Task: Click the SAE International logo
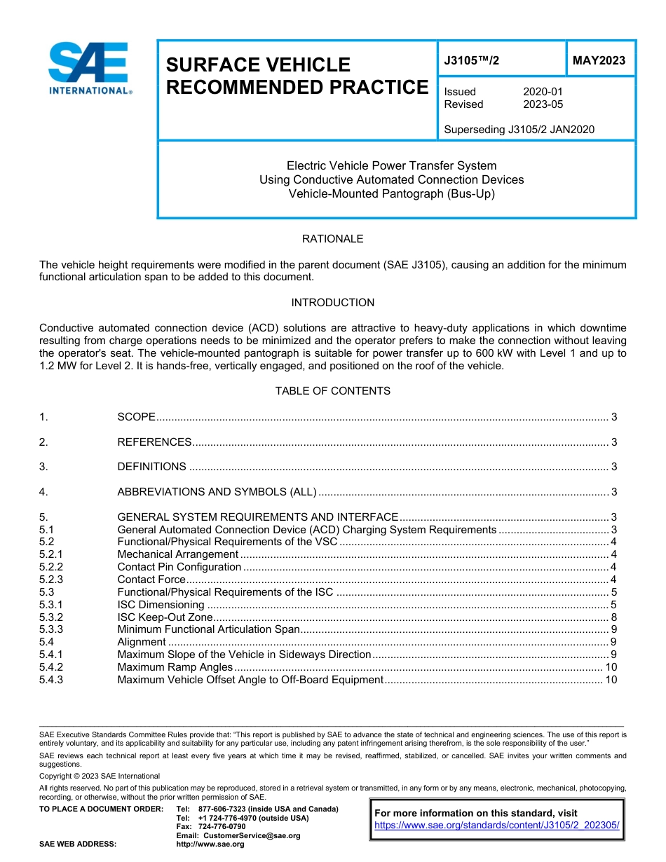90,68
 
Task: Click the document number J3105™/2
472,61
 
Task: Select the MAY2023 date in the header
599,61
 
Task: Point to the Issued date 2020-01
543,92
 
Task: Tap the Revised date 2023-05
543,104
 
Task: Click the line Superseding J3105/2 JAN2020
519,129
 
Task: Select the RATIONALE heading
332,239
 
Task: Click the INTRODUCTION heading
332,303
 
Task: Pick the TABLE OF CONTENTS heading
332,391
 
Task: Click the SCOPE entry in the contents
136,417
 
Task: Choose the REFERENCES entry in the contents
154,442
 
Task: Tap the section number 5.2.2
51,567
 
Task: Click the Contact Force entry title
151,580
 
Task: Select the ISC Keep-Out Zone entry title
165,617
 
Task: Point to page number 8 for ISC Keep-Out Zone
613,617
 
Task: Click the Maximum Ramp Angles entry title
175,667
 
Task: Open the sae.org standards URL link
497,826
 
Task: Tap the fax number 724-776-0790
222,827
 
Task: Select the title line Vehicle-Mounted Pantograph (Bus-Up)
392,193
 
